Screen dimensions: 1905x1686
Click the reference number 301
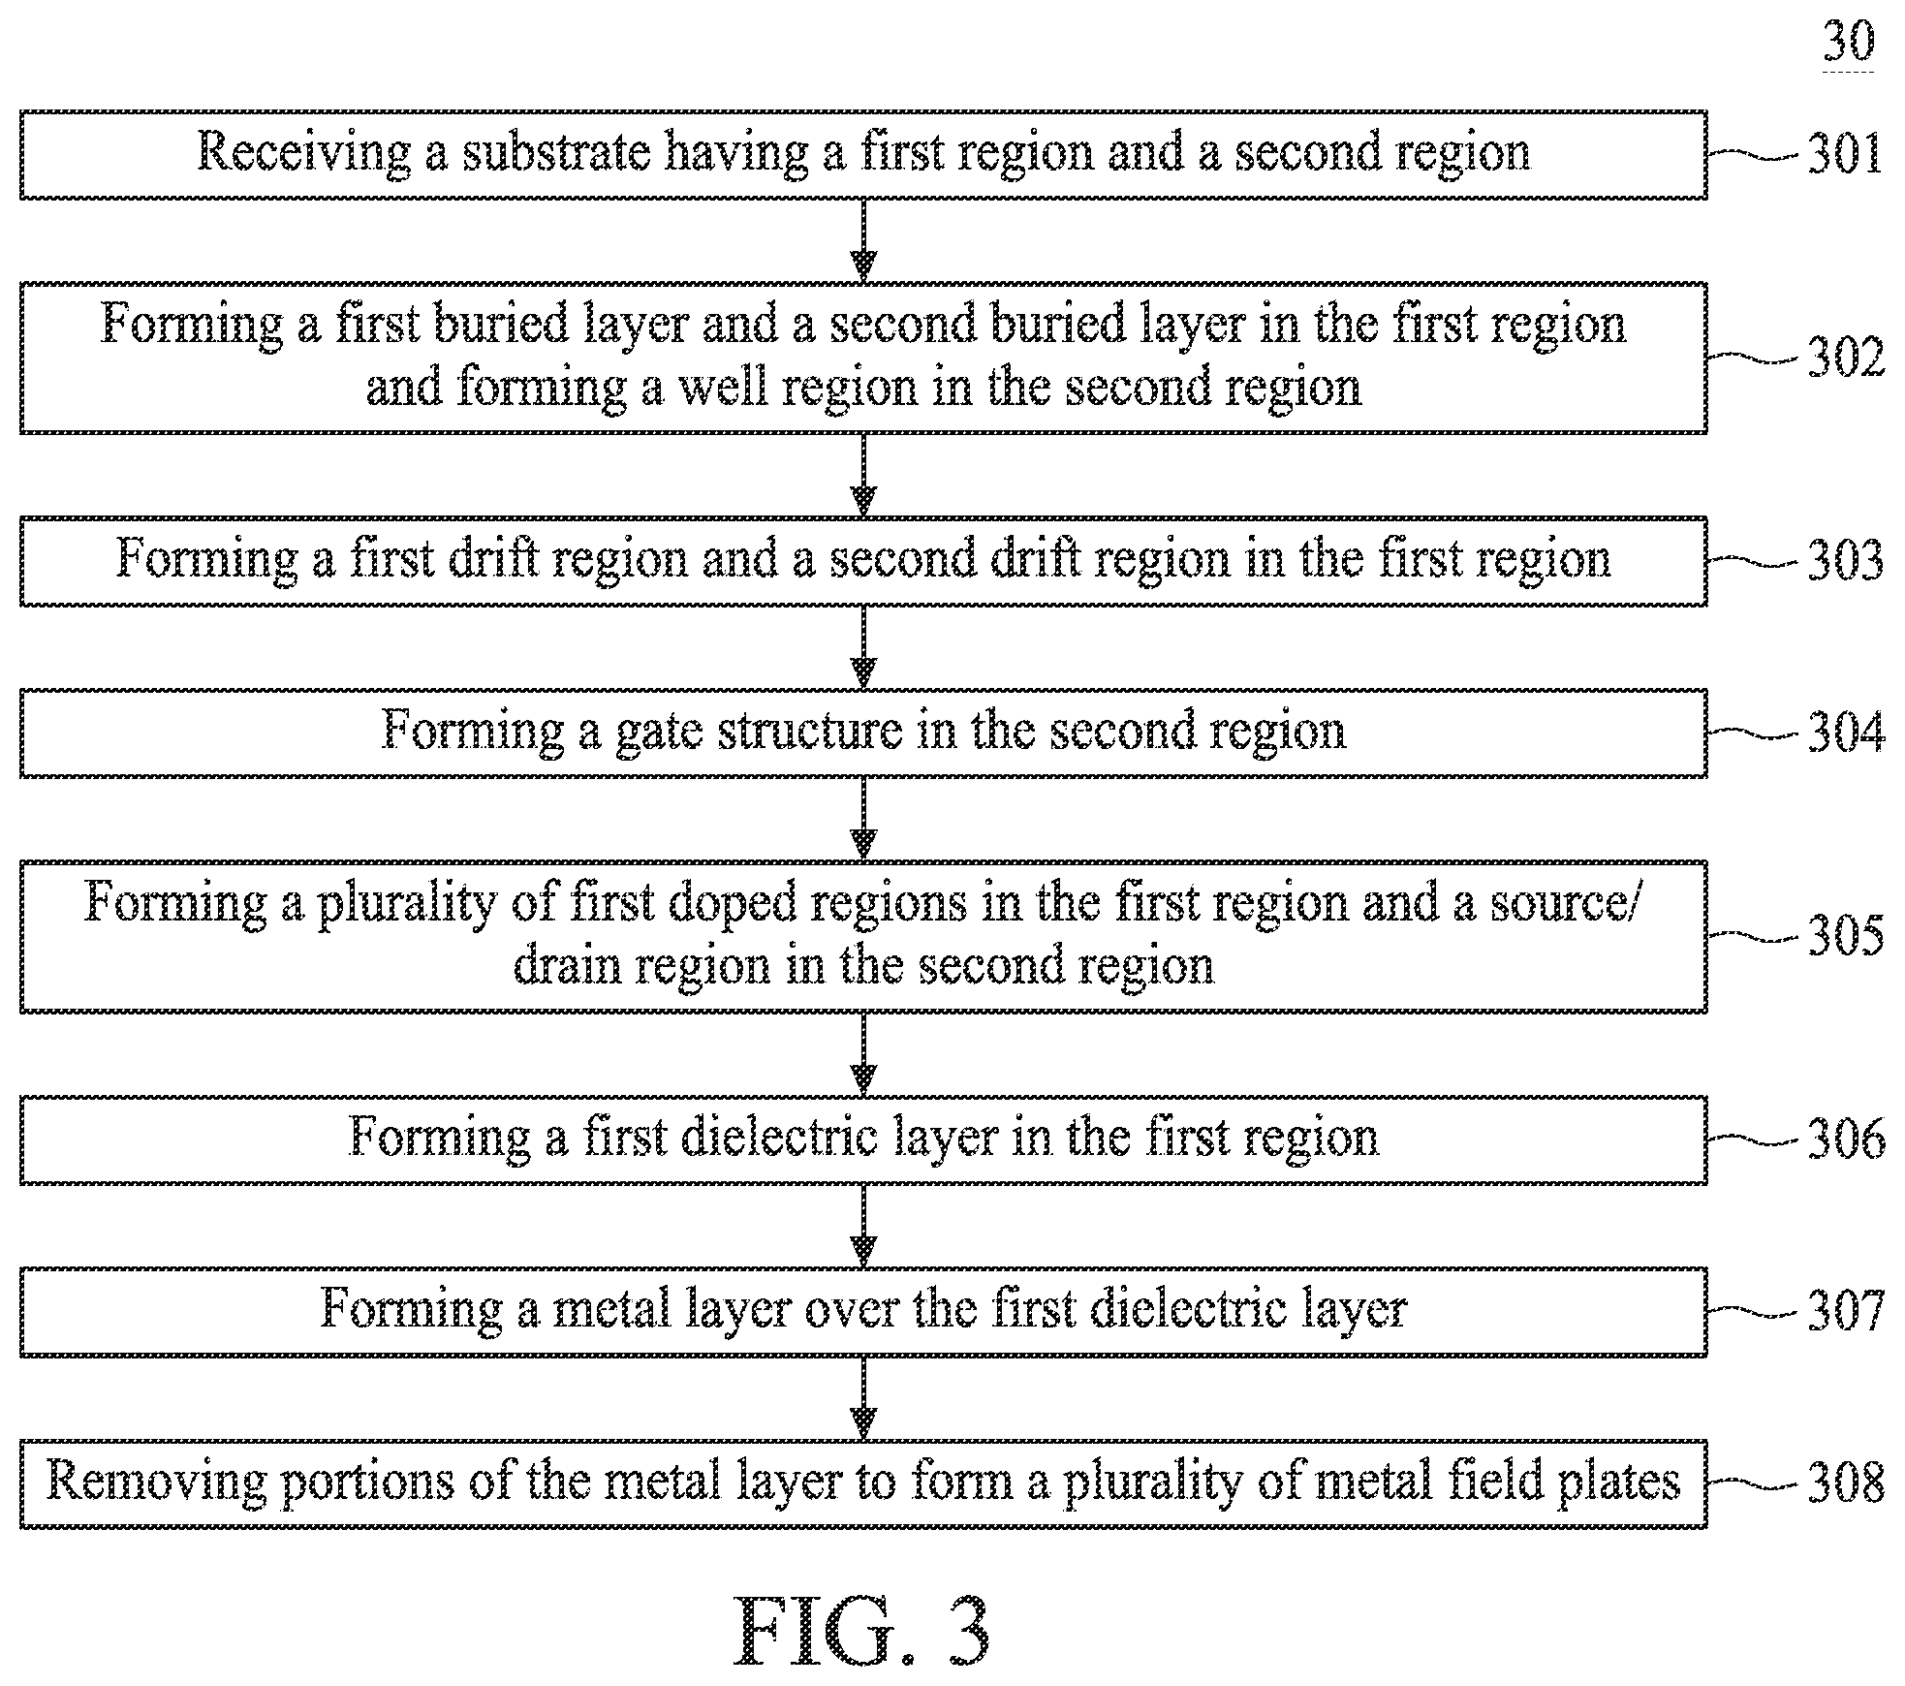tap(1845, 154)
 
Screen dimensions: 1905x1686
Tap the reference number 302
tap(1846, 358)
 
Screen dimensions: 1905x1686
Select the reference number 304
tap(1846, 733)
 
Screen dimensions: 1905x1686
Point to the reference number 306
tap(1846, 1139)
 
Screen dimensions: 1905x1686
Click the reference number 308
tap(1846, 1483)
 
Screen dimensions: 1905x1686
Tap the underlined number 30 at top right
tap(1849, 43)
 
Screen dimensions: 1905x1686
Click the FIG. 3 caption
tap(861, 1632)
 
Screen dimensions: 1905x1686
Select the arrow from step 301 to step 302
tap(863, 240)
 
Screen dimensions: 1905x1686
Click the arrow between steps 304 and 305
tap(863, 819)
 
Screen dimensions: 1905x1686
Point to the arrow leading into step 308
tap(863, 1398)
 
